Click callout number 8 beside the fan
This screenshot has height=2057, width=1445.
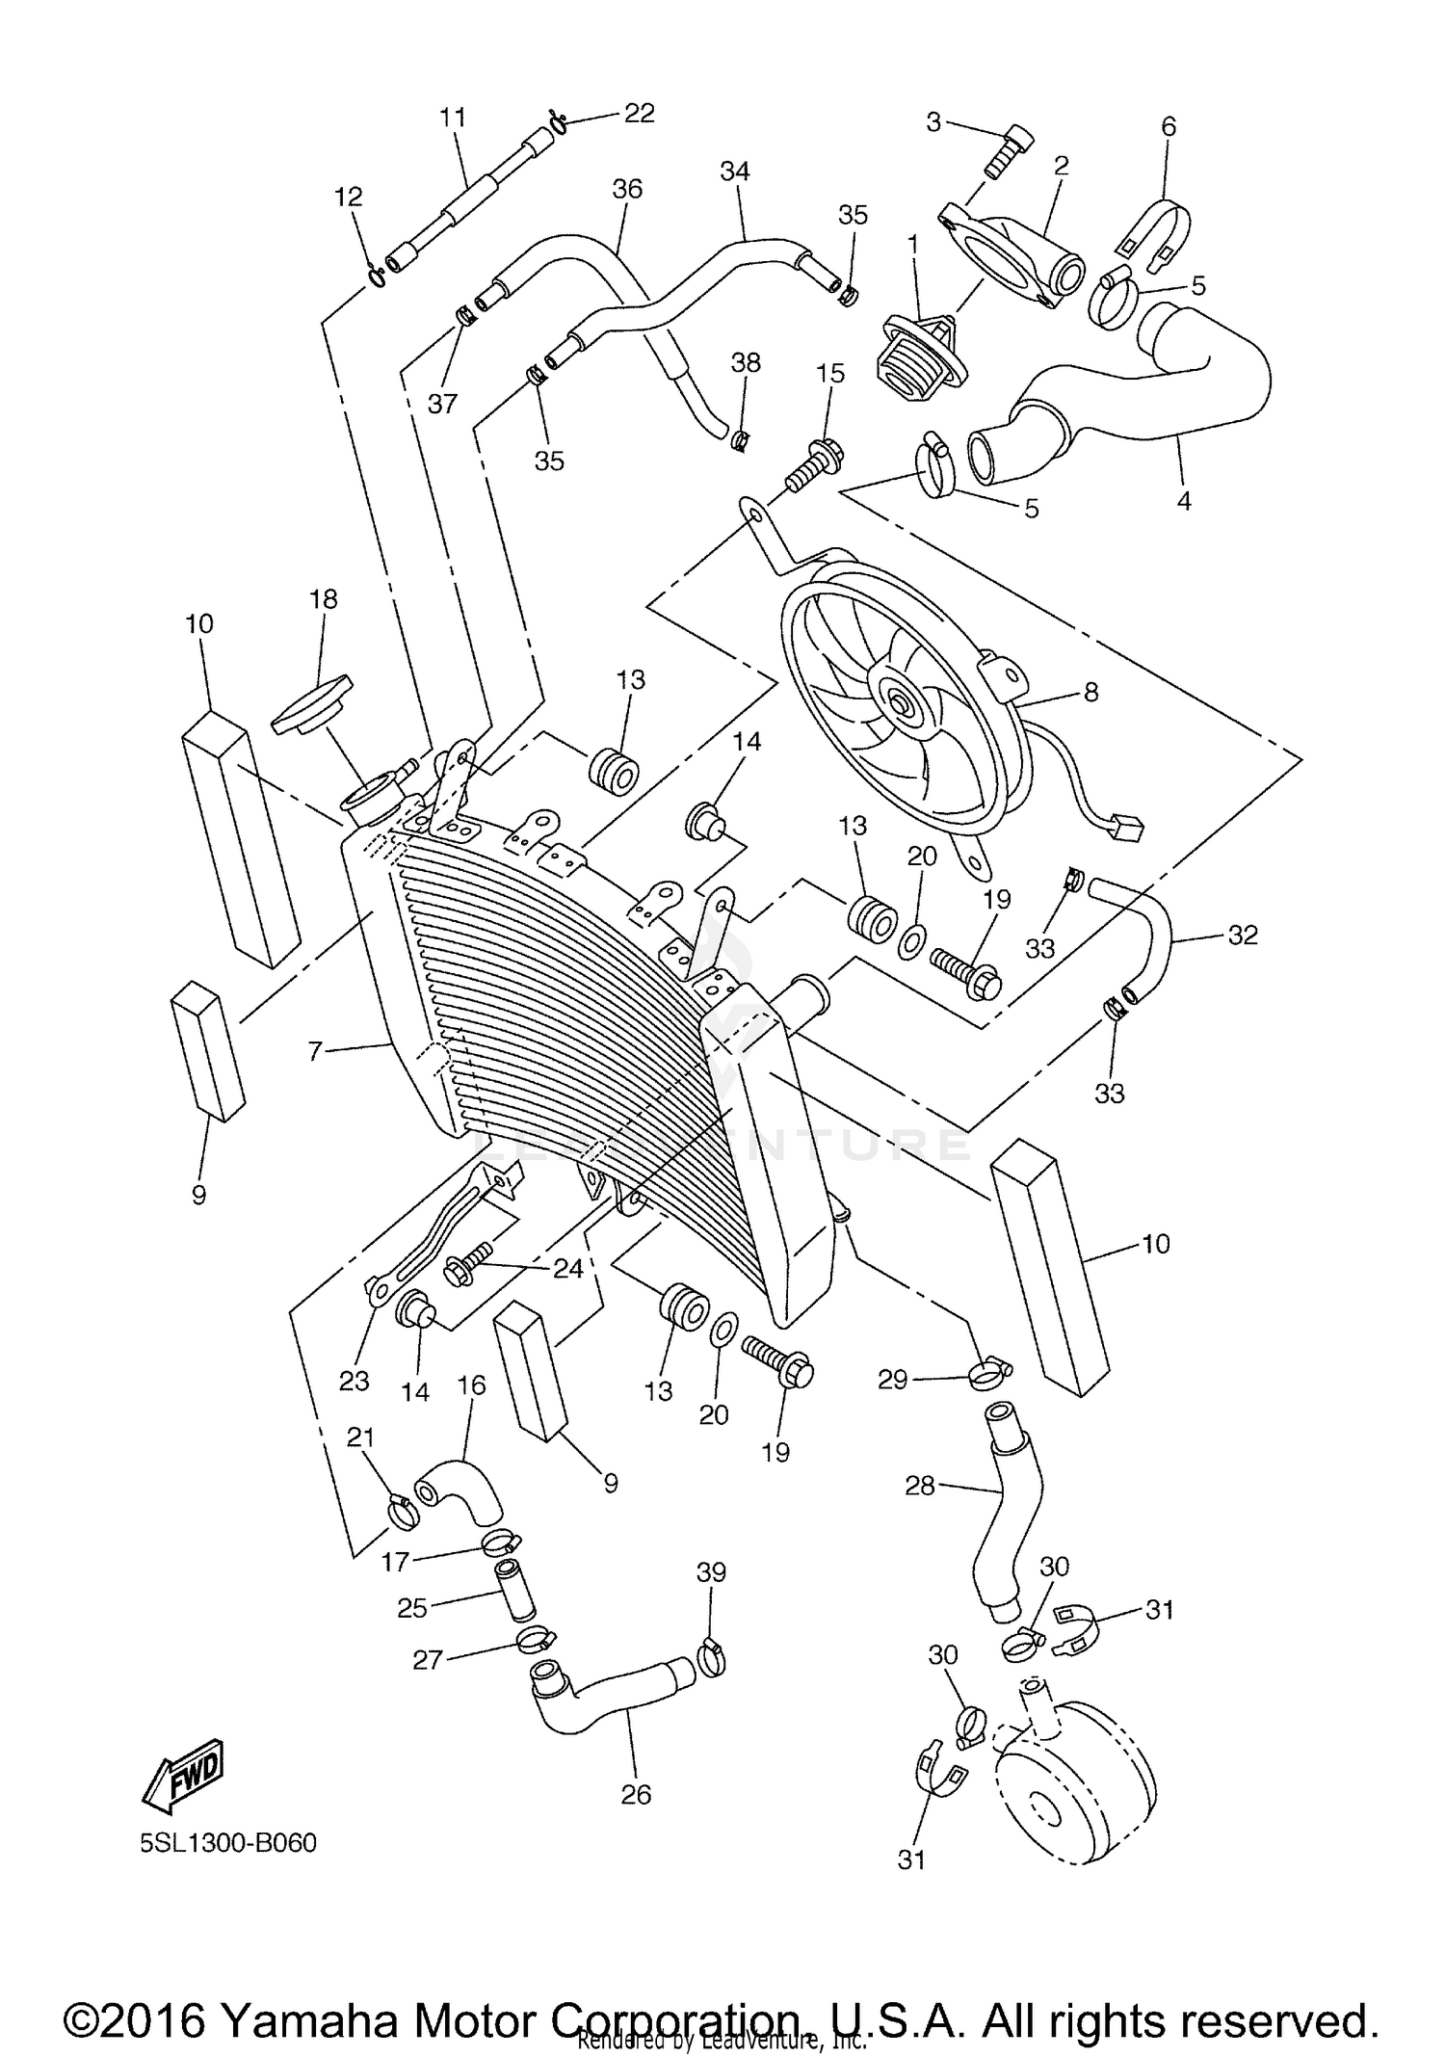(1090, 691)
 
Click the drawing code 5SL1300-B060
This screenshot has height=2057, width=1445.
(227, 1843)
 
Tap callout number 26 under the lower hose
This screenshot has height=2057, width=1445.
(636, 1794)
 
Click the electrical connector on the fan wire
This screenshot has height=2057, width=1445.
(1123, 827)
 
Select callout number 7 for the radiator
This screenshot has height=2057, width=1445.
(314, 1050)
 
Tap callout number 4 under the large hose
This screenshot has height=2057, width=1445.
(1184, 501)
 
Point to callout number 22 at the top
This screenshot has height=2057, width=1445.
(639, 113)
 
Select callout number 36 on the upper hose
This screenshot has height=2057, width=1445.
(627, 188)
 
